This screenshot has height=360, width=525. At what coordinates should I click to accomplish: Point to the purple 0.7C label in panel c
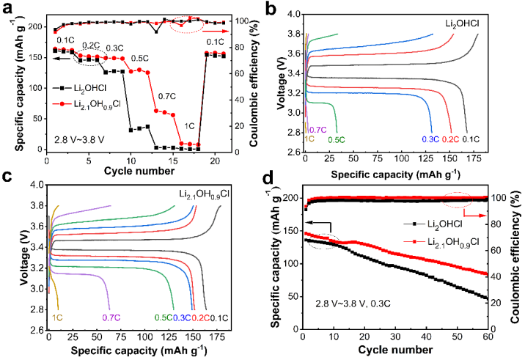pyautogui.click(x=111, y=317)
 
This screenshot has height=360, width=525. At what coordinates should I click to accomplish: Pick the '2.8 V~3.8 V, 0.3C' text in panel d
pyautogui.click(x=355, y=303)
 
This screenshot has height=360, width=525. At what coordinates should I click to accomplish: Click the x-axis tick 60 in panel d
pyautogui.click(x=487, y=337)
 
